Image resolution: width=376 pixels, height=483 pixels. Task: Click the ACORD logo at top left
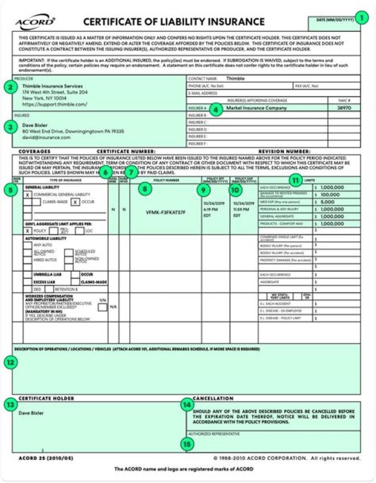35,22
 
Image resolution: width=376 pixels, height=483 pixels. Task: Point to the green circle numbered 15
186,443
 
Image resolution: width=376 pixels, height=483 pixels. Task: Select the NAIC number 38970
344,108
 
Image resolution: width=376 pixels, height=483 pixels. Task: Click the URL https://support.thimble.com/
47,104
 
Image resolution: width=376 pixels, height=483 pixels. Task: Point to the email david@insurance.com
46,137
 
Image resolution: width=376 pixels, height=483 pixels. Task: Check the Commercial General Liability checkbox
27,194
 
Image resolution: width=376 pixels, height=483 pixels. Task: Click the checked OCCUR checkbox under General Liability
76,202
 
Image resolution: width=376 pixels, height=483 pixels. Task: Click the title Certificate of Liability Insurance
174,22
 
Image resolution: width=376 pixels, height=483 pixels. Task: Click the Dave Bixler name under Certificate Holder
31,413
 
